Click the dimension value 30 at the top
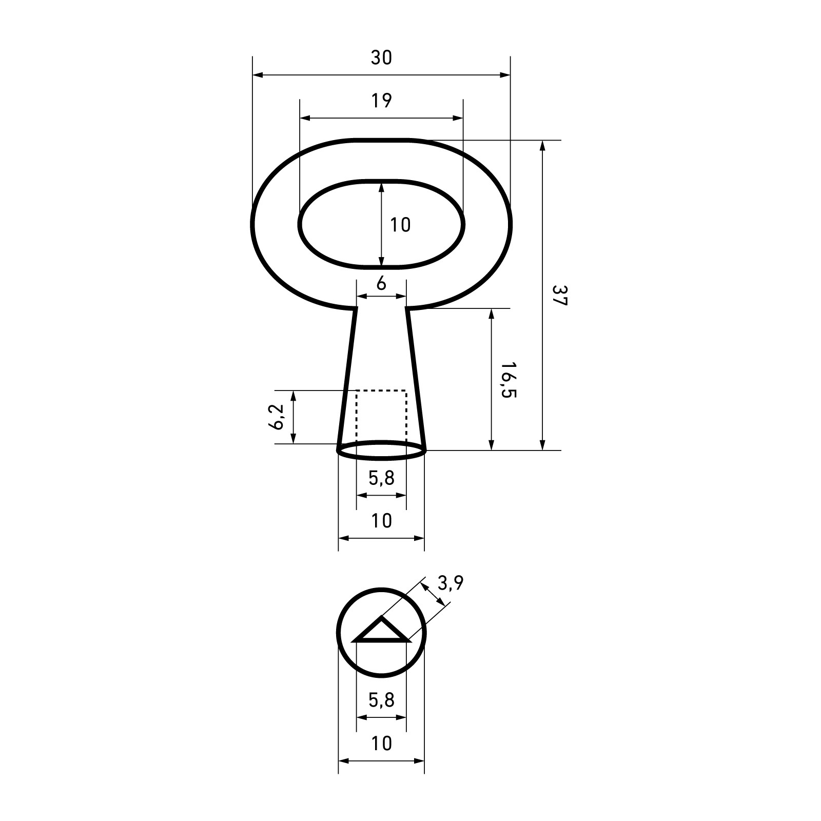(x=381, y=58)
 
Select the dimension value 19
(x=381, y=101)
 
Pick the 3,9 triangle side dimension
(x=451, y=583)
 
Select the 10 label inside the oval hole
(x=400, y=225)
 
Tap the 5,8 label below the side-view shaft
(x=381, y=478)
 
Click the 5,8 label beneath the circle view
(x=381, y=700)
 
